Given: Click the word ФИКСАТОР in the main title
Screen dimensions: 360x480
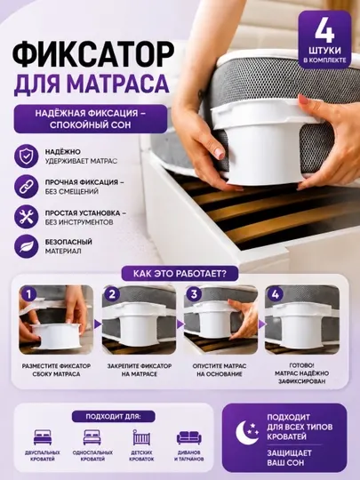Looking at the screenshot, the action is [x=93, y=54].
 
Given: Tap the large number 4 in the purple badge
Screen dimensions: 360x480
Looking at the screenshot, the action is [x=324, y=31].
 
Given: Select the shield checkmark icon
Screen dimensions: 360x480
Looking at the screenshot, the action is [x=27, y=156].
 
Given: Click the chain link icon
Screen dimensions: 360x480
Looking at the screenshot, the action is [x=27, y=187].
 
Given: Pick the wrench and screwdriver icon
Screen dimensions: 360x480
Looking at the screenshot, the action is [x=27, y=217].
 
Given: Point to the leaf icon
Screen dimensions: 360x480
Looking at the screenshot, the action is [x=27, y=246].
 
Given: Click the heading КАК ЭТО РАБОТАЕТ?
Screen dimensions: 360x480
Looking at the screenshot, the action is [x=180, y=274].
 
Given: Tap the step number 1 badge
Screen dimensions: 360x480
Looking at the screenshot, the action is [x=29, y=294].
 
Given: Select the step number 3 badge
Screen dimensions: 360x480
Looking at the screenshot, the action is [x=194, y=294].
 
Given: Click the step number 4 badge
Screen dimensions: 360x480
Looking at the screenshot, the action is [x=275, y=294].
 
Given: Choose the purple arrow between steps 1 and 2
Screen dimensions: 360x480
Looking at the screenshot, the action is [x=98, y=324].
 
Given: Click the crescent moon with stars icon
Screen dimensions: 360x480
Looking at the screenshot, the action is [x=247, y=433].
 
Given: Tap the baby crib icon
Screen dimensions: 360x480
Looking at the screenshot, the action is [x=141, y=437].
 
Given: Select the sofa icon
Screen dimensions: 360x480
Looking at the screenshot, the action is [x=188, y=437].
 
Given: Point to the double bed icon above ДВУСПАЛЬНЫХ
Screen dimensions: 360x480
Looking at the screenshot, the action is [x=43, y=437].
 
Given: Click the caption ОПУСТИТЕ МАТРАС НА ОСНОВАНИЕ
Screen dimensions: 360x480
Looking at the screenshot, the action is [x=220, y=370].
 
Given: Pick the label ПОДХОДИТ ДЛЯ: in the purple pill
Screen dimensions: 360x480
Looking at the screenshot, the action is [x=113, y=417].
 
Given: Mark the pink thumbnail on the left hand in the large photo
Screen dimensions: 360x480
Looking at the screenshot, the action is [x=220, y=153].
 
